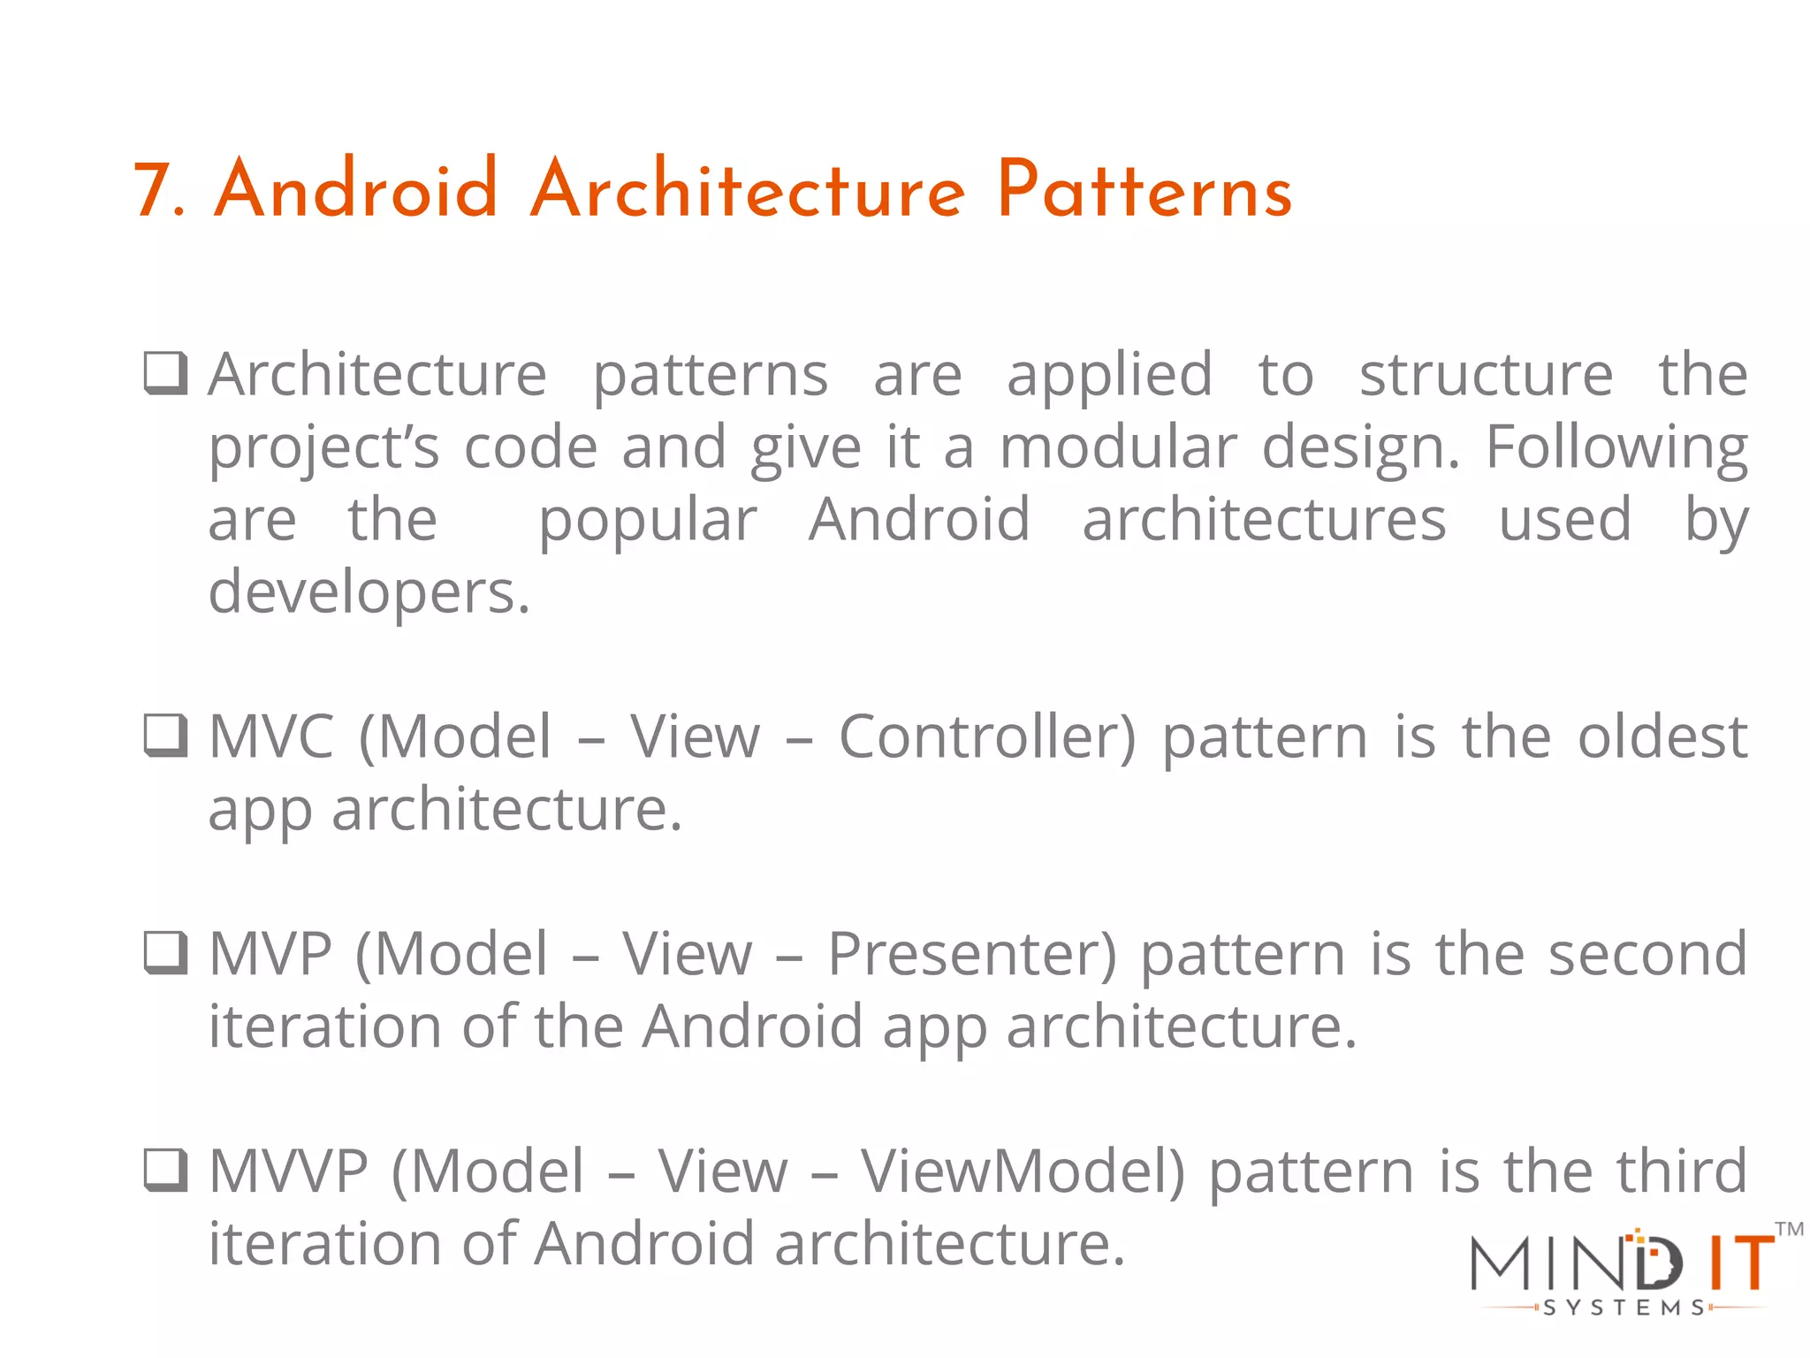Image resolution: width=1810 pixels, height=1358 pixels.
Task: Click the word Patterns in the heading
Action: pyautogui.click(x=1145, y=190)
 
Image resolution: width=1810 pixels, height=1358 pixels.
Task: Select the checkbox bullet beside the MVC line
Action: pyautogui.click(x=166, y=736)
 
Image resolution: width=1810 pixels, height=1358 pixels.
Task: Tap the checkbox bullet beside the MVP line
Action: pyautogui.click(x=166, y=953)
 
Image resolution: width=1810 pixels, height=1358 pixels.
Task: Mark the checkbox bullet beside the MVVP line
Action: pyautogui.click(x=166, y=1171)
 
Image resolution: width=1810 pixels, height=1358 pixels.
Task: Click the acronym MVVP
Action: pyautogui.click(x=288, y=1171)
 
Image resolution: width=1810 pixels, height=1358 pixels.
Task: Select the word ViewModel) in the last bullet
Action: pyautogui.click(x=1023, y=1171)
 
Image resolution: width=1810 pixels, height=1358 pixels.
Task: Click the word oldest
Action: pyautogui.click(x=1662, y=736)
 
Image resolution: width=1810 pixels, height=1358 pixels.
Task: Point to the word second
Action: pyautogui.click(x=1647, y=954)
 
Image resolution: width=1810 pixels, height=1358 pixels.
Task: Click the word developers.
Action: pyautogui.click(x=369, y=592)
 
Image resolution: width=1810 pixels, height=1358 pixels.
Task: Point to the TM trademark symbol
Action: pyautogui.click(x=1789, y=1229)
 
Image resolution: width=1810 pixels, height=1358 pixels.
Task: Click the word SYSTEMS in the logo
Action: pyautogui.click(x=1624, y=1308)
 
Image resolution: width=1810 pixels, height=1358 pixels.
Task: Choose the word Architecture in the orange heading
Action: pyautogui.click(x=748, y=190)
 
